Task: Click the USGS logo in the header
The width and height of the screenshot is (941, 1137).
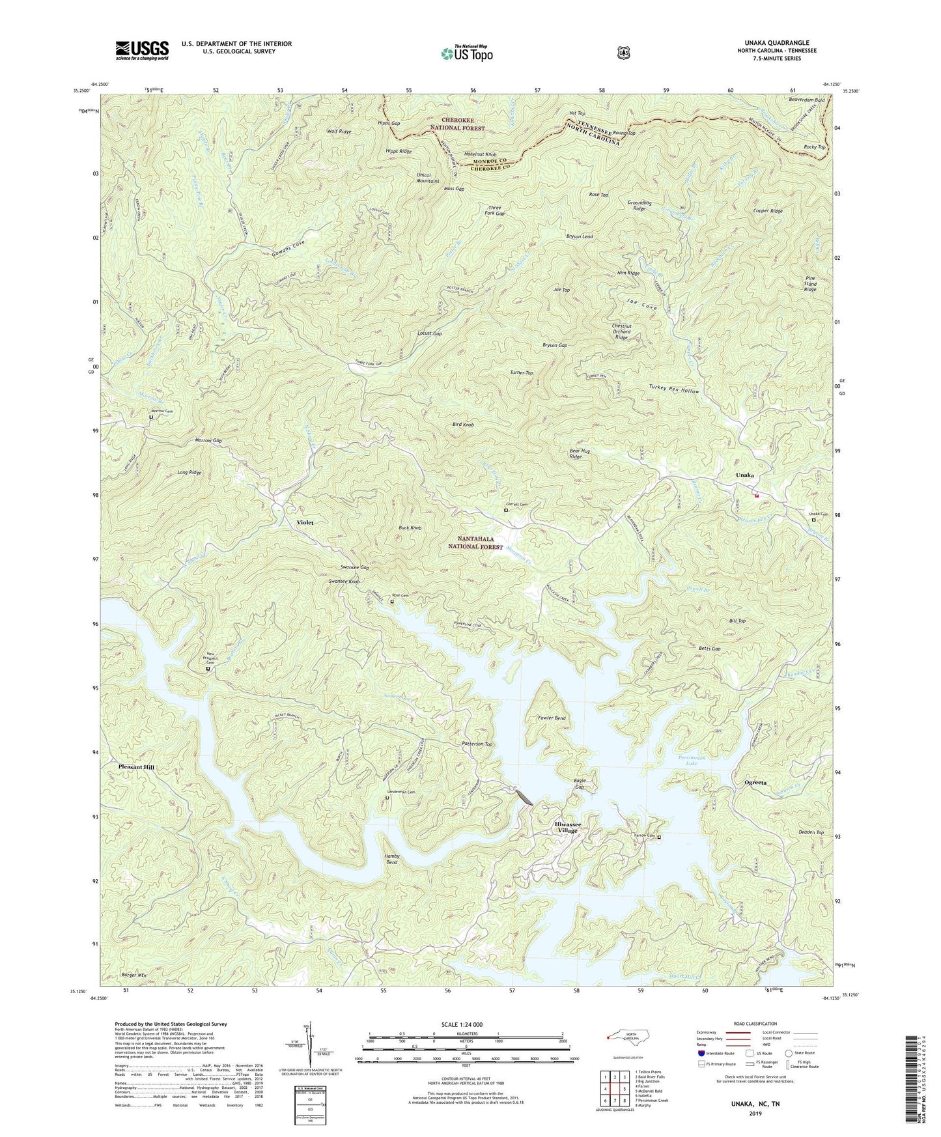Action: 142,49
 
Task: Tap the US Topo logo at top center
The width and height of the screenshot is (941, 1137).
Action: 466,53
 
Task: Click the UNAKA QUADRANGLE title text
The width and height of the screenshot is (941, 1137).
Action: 773,43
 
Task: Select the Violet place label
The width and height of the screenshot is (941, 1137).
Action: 305,522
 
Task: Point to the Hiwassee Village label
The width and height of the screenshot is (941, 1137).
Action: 567,827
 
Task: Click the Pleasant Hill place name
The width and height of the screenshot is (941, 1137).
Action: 137,768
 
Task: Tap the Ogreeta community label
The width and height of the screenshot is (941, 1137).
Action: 755,782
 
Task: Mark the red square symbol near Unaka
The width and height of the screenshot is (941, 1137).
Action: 757,495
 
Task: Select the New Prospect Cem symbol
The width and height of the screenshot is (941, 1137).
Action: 208,669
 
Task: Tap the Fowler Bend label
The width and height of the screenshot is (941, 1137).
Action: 551,718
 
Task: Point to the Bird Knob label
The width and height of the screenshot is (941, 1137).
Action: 463,425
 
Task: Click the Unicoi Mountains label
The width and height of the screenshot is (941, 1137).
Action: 428,178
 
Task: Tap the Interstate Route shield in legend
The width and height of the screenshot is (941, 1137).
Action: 700,1053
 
